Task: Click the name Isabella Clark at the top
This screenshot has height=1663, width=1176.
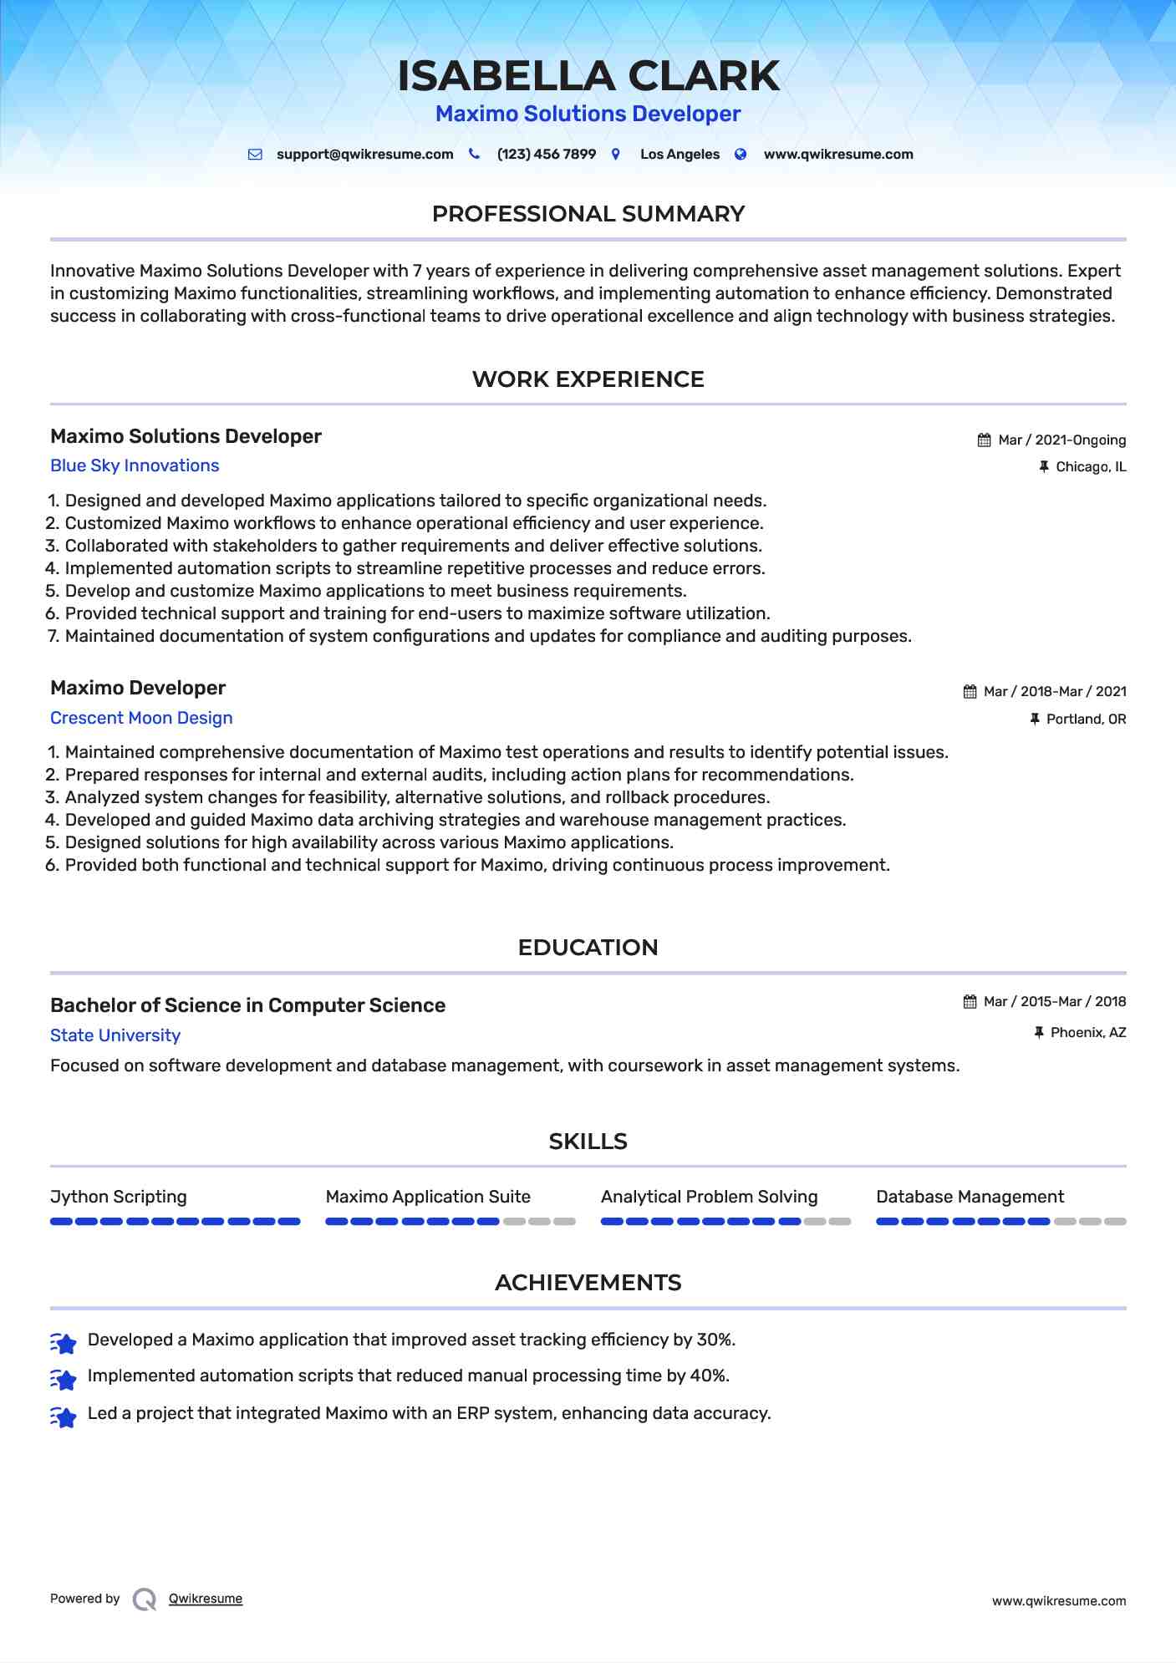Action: [588, 76]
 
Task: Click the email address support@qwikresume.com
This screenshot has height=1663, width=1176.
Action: [364, 155]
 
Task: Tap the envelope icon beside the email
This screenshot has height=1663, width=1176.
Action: [255, 155]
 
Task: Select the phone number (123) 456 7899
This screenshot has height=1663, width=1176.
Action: [546, 155]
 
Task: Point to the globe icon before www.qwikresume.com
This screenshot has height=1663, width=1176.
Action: [741, 155]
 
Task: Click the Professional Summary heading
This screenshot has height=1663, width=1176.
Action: [588, 214]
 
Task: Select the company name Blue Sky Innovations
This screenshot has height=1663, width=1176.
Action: [135, 466]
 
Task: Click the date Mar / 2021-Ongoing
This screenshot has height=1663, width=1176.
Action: [1061, 440]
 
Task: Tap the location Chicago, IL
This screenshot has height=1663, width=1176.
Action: [1090, 467]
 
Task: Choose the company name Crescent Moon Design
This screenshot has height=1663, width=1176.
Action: [141, 719]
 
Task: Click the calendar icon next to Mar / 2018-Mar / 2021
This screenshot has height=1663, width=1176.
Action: [970, 692]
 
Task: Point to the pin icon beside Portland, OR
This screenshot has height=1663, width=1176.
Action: [1035, 719]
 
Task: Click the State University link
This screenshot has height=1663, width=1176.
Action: [115, 1036]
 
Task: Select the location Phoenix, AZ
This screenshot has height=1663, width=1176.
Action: [1087, 1033]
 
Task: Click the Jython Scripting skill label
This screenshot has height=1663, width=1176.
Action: [119, 1197]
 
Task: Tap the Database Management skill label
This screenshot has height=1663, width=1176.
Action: [970, 1197]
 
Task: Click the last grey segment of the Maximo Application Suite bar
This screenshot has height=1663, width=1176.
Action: [565, 1222]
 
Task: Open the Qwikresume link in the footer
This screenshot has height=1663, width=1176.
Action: [206, 1599]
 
